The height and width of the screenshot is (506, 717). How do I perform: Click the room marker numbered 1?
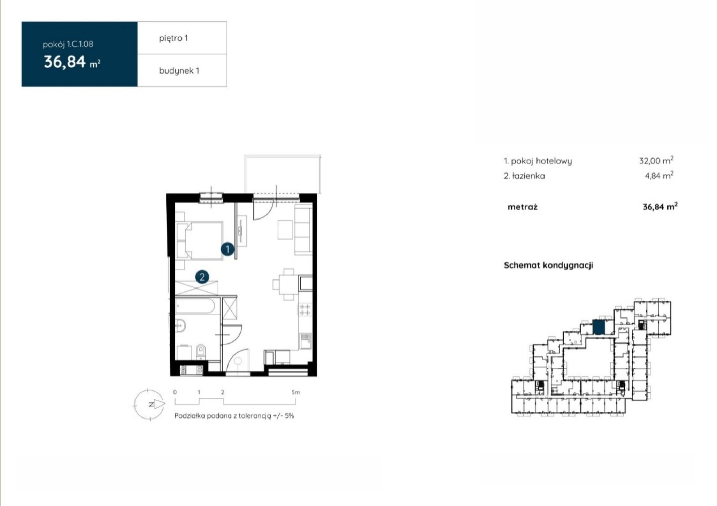point(228,249)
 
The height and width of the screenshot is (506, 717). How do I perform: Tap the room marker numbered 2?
point(202,277)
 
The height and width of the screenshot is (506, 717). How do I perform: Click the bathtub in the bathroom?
point(195,306)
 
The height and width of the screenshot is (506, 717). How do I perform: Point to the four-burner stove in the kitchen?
point(305,310)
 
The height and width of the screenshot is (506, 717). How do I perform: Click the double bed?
point(199,240)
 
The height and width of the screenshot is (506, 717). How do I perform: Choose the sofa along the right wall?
point(303,230)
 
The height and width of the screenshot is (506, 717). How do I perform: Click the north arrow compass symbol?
point(150,405)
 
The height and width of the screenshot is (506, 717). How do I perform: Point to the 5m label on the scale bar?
point(296,392)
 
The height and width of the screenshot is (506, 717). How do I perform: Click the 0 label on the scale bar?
point(175,392)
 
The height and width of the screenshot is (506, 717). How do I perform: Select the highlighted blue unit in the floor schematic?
point(599,327)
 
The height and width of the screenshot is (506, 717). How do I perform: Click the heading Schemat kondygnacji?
point(549,265)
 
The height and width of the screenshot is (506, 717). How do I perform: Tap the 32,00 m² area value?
point(656,160)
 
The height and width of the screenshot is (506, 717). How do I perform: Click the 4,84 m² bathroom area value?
point(659,175)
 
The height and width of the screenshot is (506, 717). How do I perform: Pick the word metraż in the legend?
point(523,207)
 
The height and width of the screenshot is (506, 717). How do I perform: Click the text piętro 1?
point(173,39)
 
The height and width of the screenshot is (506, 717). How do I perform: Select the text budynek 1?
point(179,71)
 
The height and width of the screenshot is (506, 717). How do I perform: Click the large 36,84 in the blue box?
point(65,62)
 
